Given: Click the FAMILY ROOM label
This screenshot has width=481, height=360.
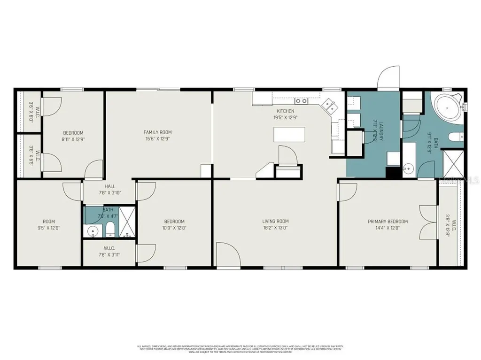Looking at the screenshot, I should [x=157, y=132].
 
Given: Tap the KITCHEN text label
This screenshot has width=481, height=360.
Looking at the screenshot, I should [x=285, y=111].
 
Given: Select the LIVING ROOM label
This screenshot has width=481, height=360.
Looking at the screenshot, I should [x=275, y=221].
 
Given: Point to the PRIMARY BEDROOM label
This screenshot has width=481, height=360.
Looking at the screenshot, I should [x=388, y=222].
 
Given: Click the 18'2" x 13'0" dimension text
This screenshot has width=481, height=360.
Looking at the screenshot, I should [x=275, y=228].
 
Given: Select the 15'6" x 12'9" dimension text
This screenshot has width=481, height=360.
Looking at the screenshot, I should [x=157, y=139].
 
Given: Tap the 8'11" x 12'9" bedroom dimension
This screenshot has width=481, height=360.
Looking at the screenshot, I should [x=73, y=139].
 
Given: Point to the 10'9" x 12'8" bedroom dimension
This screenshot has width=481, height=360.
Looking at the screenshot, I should [x=174, y=228].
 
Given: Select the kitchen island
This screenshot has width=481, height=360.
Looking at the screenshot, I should [x=288, y=135].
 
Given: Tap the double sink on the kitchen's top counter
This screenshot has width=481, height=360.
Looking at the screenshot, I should [x=301, y=101].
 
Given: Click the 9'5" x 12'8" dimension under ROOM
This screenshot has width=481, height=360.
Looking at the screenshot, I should [x=49, y=228].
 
